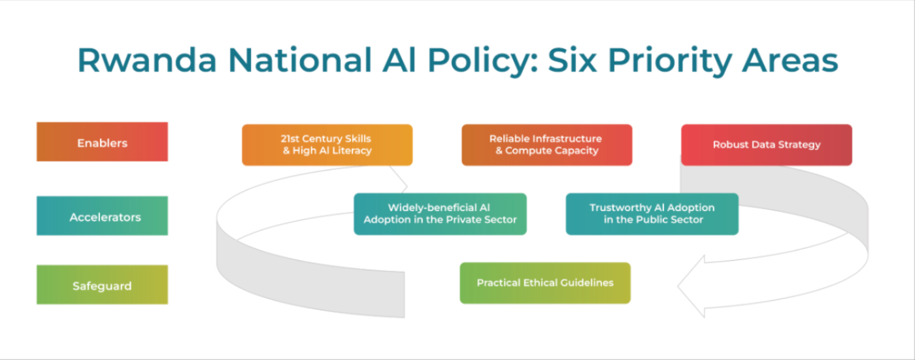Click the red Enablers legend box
(x=102, y=142)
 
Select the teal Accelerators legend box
(x=102, y=216)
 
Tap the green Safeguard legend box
(x=102, y=285)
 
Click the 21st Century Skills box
(x=327, y=144)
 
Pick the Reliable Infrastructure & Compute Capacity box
(x=546, y=144)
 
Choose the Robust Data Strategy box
(x=766, y=144)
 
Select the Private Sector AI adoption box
(x=440, y=214)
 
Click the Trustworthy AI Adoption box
(x=652, y=214)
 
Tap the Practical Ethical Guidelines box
(x=545, y=283)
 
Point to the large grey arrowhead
(x=693, y=286)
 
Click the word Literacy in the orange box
(x=351, y=151)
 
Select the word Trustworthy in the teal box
(x=619, y=208)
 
